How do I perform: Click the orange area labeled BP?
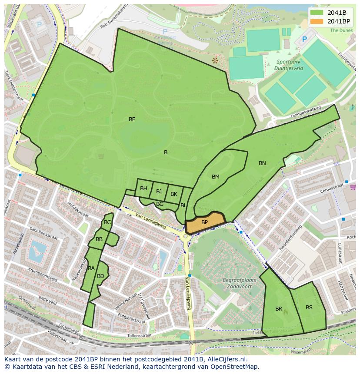pyautogui.click(x=204, y=222)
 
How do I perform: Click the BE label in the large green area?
pyautogui.click(x=132, y=119)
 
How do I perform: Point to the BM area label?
pyautogui.click(x=216, y=176)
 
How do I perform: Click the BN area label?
pyautogui.click(x=262, y=163)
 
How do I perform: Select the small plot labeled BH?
pyautogui.click(x=143, y=189)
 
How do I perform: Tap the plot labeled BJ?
pyautogui.click(x=159, y=191)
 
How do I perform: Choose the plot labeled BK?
pyautogui.click(x=173, y=194)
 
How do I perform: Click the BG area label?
pyautogui.click(x=160, y=204)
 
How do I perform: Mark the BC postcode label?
pyautogui.click(x=107, y=222)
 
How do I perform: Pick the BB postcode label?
pyautogui.click(x=99, y=239)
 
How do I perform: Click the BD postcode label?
pyautogui.click(x=100, y=276)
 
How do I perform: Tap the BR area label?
pyautogui.click(x=279, y=309)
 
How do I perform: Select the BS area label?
pyautogui.click(x=309, y=308)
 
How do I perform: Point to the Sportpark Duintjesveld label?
pyautogui.click(x=285, y=65)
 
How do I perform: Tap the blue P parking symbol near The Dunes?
pyautogui.click(x=304, y=39)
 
